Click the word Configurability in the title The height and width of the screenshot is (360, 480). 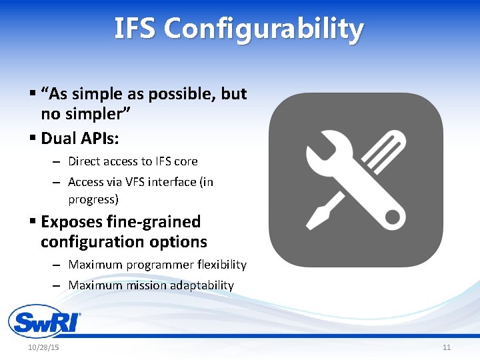point(263,29)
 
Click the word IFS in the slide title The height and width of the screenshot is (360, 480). point(135,29)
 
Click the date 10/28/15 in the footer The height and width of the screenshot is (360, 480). point(43,348)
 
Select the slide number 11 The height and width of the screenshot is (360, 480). point(446,348)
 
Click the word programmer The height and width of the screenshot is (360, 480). point(160,265)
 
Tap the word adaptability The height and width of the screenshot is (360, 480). point(202,285)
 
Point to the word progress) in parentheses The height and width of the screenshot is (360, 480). point(93,199)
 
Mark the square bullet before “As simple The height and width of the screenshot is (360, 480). point(33,94)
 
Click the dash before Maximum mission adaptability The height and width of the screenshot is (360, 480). point(57,285)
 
